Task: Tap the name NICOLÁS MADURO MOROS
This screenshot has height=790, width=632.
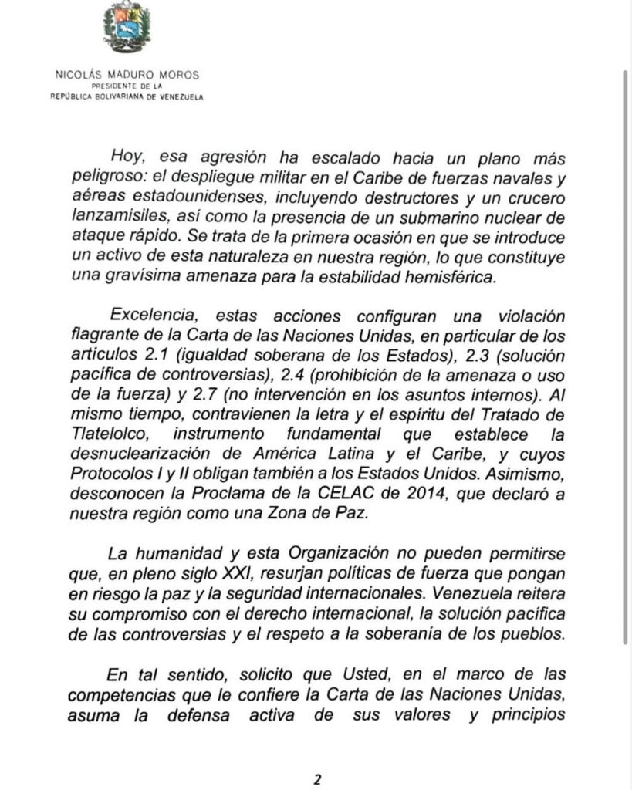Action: tap(128, 76)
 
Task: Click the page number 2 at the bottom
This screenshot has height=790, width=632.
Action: tap(316, 778)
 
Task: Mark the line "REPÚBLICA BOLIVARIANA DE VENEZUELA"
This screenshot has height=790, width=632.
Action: tap(128, 96)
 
